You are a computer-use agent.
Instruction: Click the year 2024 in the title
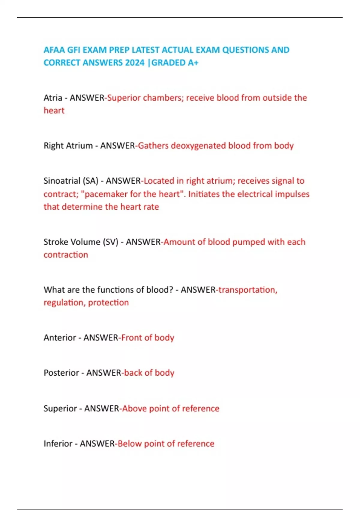tap(135, 63)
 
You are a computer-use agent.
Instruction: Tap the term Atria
tap(53, 98)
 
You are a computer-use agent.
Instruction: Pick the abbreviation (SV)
tap(110, 242)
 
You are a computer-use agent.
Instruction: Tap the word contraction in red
tap(66, 255)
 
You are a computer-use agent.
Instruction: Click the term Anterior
tap(60, 338)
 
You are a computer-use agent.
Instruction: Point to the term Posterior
tap(61, 373)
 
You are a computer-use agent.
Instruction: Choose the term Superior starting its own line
tap(60, 409)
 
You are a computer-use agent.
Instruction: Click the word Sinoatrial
tap(62, 181)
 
